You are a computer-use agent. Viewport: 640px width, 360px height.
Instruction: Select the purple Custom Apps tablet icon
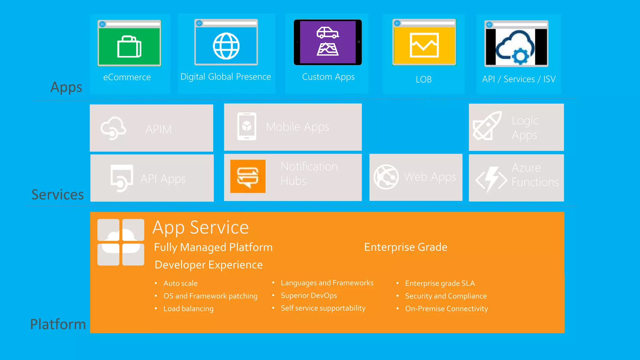tap(327, 42)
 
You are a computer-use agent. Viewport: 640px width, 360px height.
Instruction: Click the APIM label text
tap(158, 129)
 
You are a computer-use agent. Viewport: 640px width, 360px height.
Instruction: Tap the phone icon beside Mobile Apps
tap(247, 127)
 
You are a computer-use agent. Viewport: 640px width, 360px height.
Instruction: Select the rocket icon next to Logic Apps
tap(487, 126)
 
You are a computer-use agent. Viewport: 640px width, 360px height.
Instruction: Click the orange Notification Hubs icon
tap(248, 176)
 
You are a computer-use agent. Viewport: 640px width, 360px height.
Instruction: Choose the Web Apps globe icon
tap(386, 177)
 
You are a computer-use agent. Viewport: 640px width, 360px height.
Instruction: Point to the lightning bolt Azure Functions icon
tap(491, 179)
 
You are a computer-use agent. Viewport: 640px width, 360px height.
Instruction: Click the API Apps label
tap(163, 179)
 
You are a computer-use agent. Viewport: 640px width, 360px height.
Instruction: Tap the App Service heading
tap(201, 227)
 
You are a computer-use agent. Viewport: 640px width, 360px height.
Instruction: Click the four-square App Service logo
tap(121, 242)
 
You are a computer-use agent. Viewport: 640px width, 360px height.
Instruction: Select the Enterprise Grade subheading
tap(406, 247)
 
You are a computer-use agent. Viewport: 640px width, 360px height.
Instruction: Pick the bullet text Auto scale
tap(180, 283)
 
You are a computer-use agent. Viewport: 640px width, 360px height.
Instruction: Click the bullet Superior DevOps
tap(309, 296)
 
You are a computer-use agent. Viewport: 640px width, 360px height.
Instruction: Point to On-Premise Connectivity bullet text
tap(446, 309)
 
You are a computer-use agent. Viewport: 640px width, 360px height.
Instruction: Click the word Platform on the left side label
tap(58, 324)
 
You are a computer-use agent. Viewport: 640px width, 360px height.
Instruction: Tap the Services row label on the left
tap(57, 194)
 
